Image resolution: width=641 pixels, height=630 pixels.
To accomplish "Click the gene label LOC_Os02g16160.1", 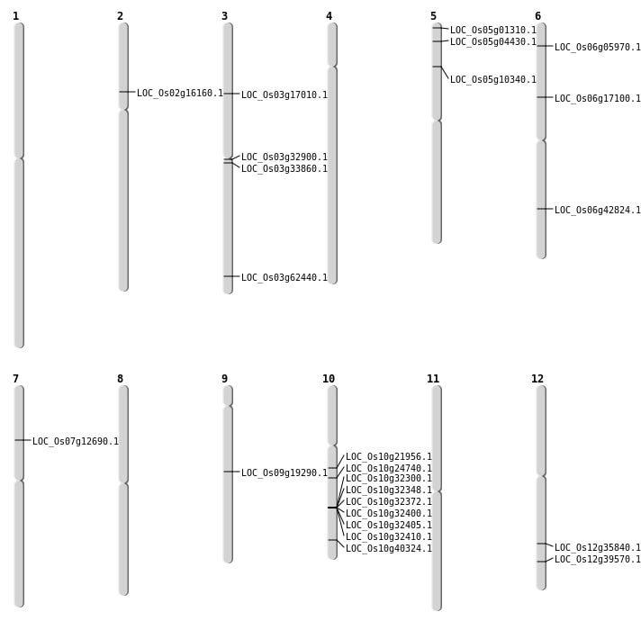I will point(179,93).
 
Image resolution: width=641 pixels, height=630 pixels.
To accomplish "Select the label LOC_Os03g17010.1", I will point(284,94).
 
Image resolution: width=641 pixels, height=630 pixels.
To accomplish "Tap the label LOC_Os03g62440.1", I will point(284,277).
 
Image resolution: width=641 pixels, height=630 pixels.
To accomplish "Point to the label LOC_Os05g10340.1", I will point(492,79).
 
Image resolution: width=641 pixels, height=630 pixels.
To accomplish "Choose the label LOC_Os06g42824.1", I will point(597,210).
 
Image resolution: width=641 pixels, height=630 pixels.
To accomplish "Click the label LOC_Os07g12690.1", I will point(75,441).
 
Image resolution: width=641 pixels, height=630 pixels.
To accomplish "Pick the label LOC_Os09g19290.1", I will point(284,472).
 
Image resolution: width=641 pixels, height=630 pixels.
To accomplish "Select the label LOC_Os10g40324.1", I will point(388,548).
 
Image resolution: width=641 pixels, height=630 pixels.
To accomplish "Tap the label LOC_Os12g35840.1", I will point(597,547).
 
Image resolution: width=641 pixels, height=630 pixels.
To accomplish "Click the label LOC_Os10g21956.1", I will point(388,456).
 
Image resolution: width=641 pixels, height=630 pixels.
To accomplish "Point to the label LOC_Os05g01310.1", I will point(492,30).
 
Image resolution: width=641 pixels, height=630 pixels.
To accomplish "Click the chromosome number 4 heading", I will point(329,16).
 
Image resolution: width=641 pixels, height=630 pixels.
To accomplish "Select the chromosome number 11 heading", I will point(433,379).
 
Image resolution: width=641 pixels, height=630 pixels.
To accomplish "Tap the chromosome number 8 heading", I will point(120,379).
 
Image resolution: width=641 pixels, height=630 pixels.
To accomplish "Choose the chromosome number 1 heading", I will point(15,16).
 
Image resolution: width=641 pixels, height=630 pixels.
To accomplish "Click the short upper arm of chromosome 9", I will point(228,395).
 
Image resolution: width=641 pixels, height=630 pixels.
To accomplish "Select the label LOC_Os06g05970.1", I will point(597,47).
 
